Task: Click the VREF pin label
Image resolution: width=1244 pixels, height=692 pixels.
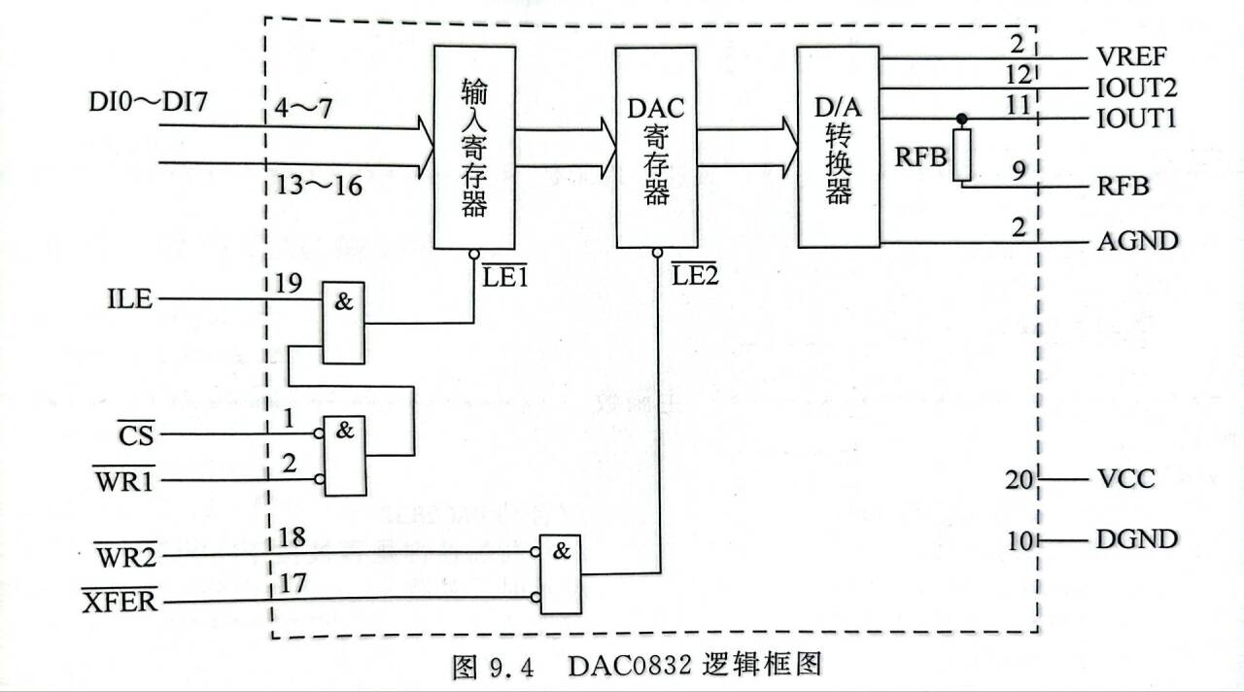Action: tap(1132, 55)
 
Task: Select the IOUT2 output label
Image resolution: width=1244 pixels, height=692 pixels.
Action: tap(1137, 88)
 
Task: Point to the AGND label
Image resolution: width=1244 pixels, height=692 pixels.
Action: tap(1137, 240)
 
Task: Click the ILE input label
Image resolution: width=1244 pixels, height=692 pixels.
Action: tap(129, 298)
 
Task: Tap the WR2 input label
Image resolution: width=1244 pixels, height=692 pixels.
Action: tap(125, 557)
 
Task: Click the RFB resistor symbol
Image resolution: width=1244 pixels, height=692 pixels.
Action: tap(962, 156)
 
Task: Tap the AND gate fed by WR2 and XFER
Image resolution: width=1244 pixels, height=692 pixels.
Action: tap(562, 573)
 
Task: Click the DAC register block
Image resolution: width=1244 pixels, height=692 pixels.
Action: tap(657, 146)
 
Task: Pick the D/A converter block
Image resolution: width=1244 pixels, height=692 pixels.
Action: tap(838, 146)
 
